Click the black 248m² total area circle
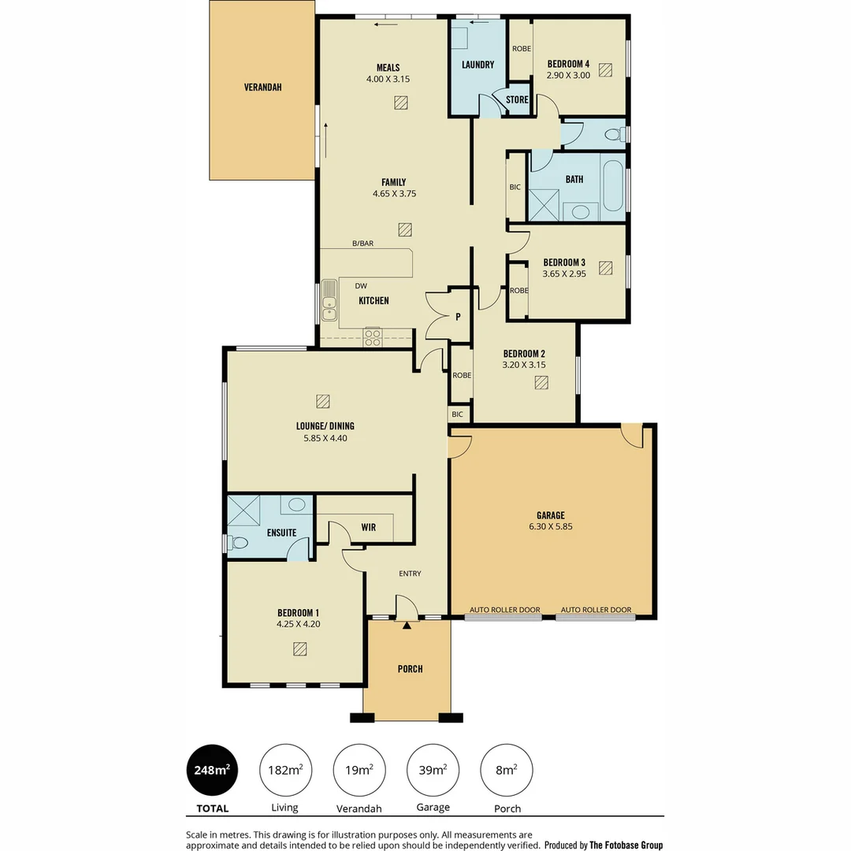click(212, 770)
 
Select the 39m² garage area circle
click(433, 770)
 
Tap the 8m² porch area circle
click(507, 770)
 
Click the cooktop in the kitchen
click(372, 337)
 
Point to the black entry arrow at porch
click(407, 626)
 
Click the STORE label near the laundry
click(517, 100)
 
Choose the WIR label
click(368, 527)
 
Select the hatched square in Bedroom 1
click(299, 648)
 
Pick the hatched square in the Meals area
click(401, 102)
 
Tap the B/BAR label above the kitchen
click(362, 243)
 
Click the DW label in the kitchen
click(362, 286)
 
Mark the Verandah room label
click(262, 87)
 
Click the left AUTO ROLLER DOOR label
click(505, 610)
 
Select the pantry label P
click(457, 318)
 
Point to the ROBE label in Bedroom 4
click(521, 49)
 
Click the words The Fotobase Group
click(626, 845)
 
